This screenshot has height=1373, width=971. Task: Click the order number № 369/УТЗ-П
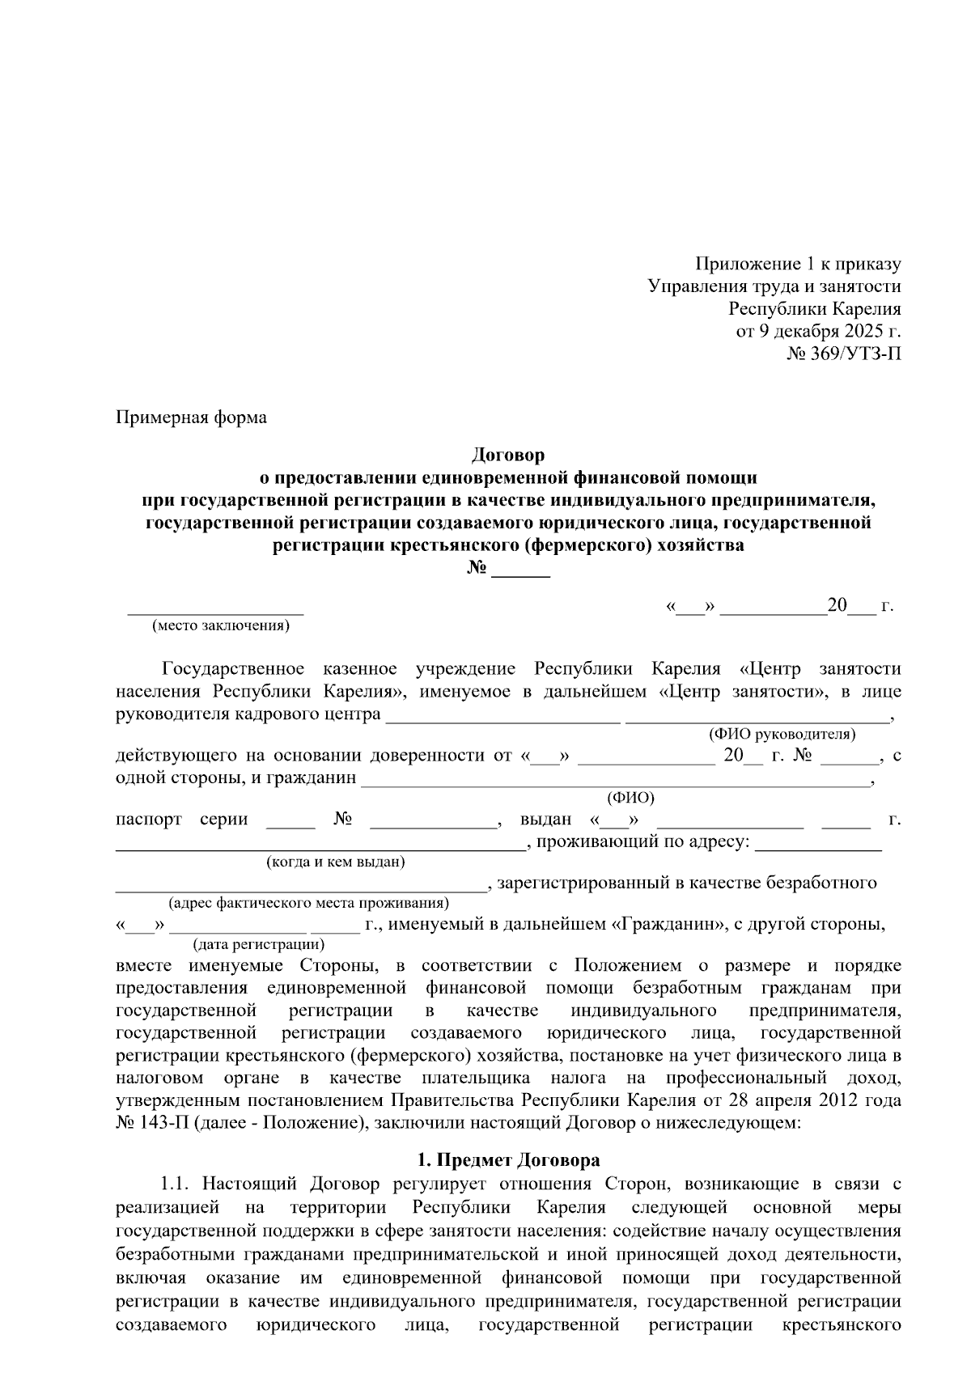843,354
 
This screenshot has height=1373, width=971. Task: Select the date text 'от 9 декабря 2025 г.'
817,331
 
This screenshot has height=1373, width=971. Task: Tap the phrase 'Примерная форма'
191,417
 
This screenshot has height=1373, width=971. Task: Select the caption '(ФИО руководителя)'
782,734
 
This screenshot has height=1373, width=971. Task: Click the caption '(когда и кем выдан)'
336,862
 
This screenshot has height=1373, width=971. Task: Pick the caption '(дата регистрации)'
258,944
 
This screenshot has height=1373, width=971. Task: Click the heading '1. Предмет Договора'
507,1160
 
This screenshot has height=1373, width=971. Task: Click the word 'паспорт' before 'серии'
149,819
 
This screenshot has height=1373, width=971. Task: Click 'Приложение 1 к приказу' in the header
798,264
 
